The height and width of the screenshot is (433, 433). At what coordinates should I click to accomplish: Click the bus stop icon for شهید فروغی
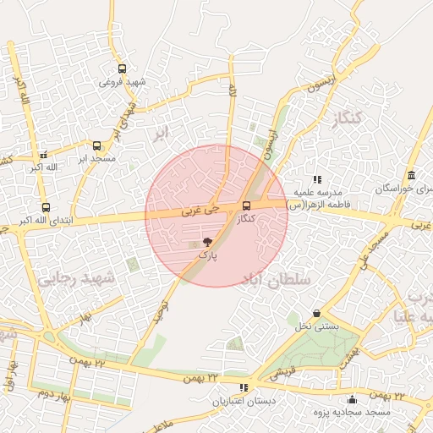[x=122, y=69]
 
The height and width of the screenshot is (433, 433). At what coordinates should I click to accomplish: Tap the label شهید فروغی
[x=122, y=82]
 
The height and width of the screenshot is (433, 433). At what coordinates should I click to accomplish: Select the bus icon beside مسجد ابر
[x=96, y=145]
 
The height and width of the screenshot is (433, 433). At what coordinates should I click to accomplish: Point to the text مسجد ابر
[x=96, y=158]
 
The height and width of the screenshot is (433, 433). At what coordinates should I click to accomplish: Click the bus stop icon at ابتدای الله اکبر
[x=45, y=207]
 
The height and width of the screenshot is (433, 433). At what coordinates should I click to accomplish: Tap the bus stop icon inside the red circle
[x=246, y=206]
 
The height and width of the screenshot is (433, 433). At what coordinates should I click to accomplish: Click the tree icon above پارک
[x=207, y=243]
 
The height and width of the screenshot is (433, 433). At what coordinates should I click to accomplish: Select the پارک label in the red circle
[x=207, y=255]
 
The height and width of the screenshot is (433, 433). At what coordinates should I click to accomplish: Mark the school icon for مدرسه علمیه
[x=317, y=179]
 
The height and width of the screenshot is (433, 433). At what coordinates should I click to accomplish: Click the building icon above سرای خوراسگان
[x=410, y=176]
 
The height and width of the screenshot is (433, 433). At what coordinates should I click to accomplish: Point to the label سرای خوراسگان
[x=404, y=189]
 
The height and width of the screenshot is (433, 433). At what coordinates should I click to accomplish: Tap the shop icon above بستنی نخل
[x=316, y=313]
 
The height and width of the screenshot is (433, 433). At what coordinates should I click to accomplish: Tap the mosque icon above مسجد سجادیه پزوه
[x=353, y=399]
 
